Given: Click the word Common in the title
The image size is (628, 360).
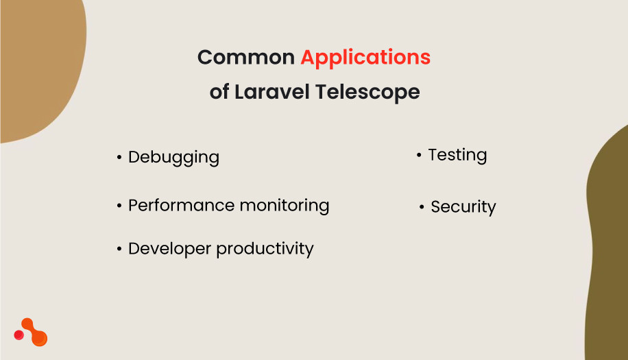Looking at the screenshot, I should pyautogui.click(x=245, y=58).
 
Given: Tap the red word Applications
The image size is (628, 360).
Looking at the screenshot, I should pyautogui.click(x=365, y=58).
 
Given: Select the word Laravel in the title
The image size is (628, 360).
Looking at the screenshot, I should pyautogui.click(x=271, y=92).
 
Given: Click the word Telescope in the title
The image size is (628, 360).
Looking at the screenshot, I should pyautogui.click(x=367, y=92).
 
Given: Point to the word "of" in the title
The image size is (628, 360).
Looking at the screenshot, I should pyautogui.click(x=219, y=92).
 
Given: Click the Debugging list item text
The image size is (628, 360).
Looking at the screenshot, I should pyautogui.click(x=173, y=157).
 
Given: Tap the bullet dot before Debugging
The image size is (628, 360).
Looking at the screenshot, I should pyautogui.click(x=119, y=158).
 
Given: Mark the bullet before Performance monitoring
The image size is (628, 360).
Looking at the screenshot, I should pyautogui.click(x=119, y=206).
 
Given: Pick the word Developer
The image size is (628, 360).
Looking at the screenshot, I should pyautogui.click(x=169, y=248).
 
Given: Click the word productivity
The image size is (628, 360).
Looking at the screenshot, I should pyautogui.click(x=265, y=249).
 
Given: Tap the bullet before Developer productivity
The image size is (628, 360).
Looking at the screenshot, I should pyautogui.click(x=119, y=249).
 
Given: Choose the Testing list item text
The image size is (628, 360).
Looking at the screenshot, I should pyautogui.click(x=457, y=155).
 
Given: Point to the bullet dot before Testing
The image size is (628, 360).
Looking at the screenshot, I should pyautogui.click(x=419, y=156).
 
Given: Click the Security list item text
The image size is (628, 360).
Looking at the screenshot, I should pyautogui.click(x=463, y=207).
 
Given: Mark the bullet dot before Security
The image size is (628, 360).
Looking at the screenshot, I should pyautogui.click(x=422, y=207).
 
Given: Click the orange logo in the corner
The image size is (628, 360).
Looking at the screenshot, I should pyautogui.click(x=34, y=333).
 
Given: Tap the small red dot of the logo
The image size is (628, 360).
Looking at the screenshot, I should pyautogui.click(x=19, y=335).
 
